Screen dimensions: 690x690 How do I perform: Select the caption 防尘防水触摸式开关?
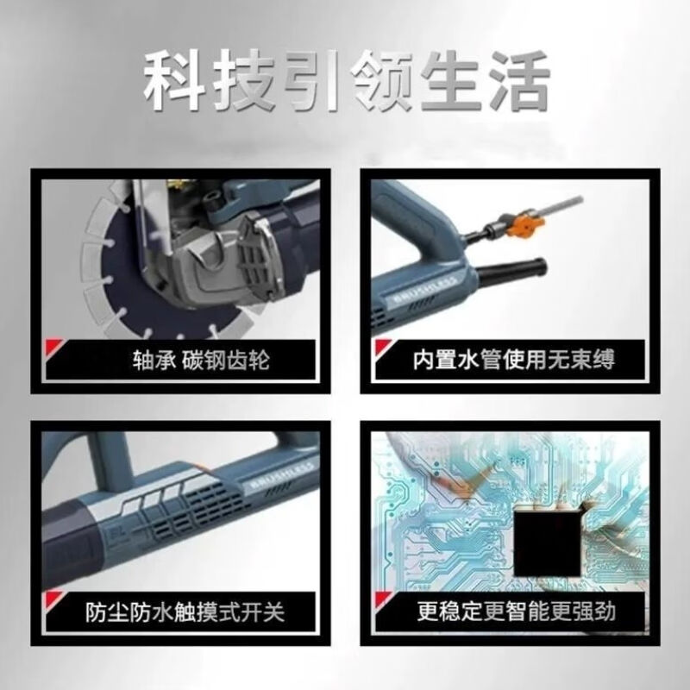pos(185,614)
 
